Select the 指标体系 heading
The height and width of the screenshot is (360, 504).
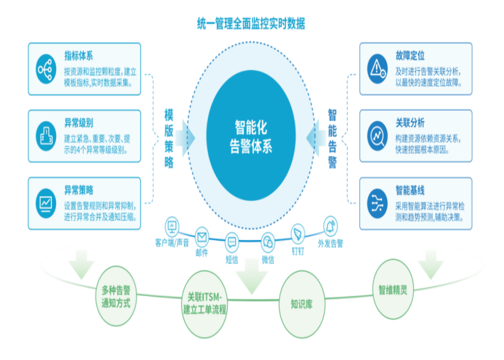click(78, 55)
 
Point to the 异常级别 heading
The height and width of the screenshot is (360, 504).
click(78, 123)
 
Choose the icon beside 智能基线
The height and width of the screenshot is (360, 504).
click(378, 203)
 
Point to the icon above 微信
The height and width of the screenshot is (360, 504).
click(268, 242)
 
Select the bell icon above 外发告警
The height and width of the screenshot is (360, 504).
click(330, 226)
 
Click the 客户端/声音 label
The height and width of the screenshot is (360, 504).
click(172, 243)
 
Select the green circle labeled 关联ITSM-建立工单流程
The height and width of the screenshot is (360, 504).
click(204, 304)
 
